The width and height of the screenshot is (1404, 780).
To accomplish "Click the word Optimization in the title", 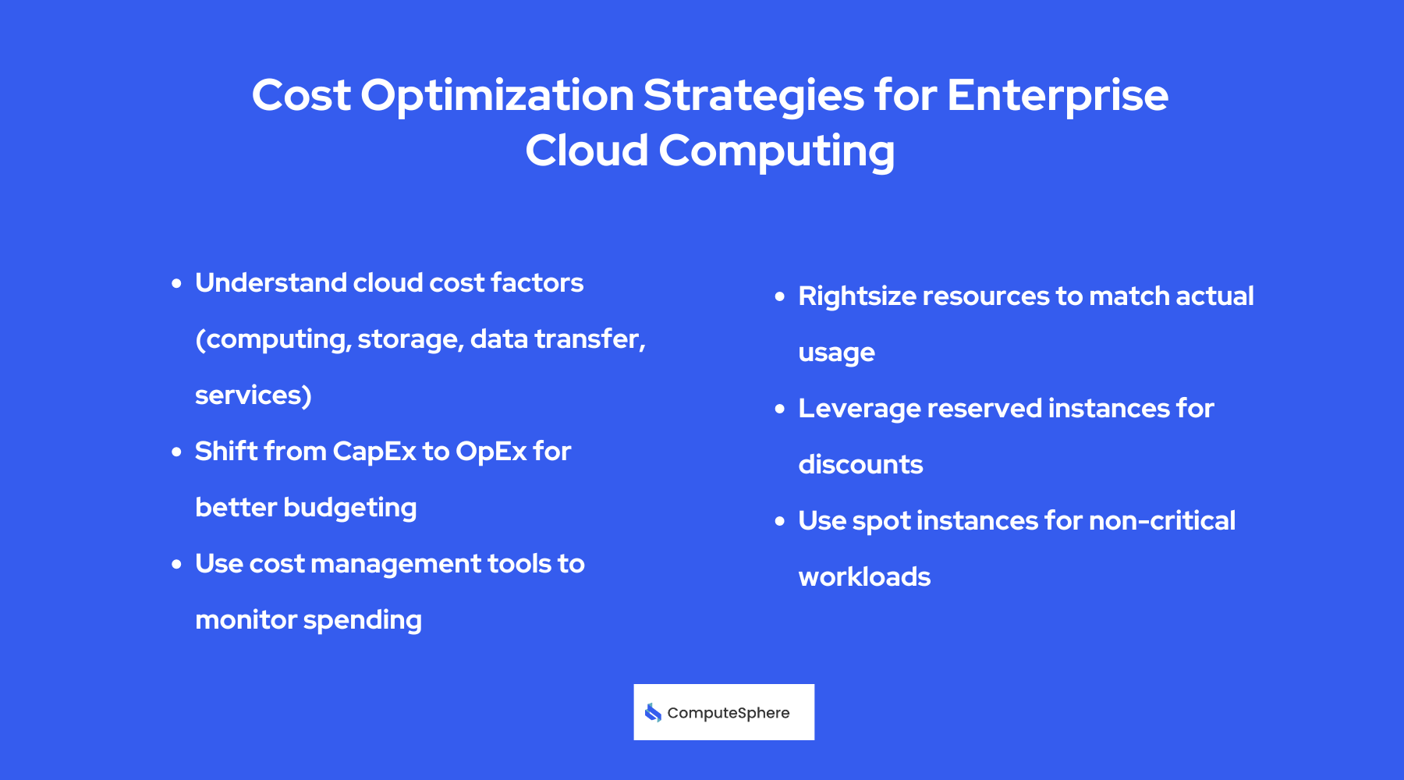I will click(x=497, y=96).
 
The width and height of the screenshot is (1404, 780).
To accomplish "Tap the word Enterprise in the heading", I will click(x=1057, y=96).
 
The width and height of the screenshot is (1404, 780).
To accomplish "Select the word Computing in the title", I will click(x=776, y=151).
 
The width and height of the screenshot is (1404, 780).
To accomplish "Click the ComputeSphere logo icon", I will click(x=653, y=712).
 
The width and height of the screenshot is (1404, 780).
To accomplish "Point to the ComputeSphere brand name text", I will click(x=728, y=713).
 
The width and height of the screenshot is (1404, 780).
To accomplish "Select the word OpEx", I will click(x=491, y=452).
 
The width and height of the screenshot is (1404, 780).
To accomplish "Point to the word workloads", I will click(x=864, y=577).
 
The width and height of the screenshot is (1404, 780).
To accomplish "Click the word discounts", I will click(x=860, y=465).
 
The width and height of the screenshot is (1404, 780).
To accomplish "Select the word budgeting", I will click(x=349, y=508).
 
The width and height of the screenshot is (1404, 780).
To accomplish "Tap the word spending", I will click(x=362, y=620).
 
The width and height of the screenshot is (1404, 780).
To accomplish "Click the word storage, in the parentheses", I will click(x=410, y=339).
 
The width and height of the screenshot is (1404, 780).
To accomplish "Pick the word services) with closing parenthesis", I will click(x=253, y=395).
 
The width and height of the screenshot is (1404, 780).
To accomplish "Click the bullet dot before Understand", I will click(x=176, y=283).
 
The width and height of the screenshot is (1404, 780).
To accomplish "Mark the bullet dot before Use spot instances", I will click(x=779, y=521).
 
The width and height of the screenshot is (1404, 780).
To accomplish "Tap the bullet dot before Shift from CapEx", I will click(x=176, y=452).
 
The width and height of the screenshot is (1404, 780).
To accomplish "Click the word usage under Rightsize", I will click(x=836, y=353).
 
